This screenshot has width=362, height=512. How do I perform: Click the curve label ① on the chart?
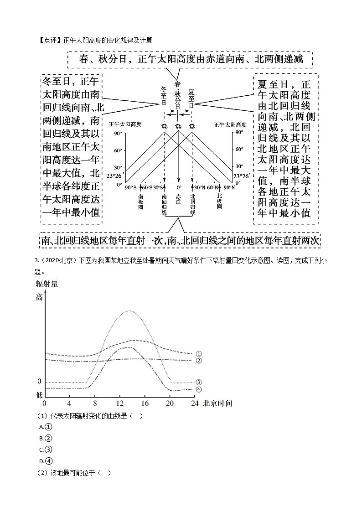coord(199,354)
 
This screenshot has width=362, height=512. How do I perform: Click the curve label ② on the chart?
coord(199,361)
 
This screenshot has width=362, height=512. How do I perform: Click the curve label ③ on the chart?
coord(199,383)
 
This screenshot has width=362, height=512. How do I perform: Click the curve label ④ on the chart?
coord(199,389)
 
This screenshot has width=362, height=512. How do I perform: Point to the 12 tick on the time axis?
coord(120,404)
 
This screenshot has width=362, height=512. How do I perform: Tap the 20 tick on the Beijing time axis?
coord(170,404)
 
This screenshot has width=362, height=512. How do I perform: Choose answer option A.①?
coord(46,427)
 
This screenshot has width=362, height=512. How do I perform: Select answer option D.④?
coord(46,460)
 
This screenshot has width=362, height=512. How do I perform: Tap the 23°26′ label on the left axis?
coord(114,176)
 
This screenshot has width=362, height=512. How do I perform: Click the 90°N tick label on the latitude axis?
coord(229,187)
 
